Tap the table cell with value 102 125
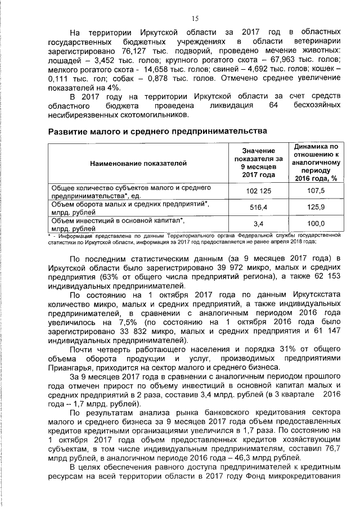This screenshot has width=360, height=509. (x=259, y=191)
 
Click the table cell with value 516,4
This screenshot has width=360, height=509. (x=259, y=208)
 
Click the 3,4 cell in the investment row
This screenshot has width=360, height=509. (x=259, y=224)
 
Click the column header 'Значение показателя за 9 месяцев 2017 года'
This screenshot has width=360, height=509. (x=259, y=163)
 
